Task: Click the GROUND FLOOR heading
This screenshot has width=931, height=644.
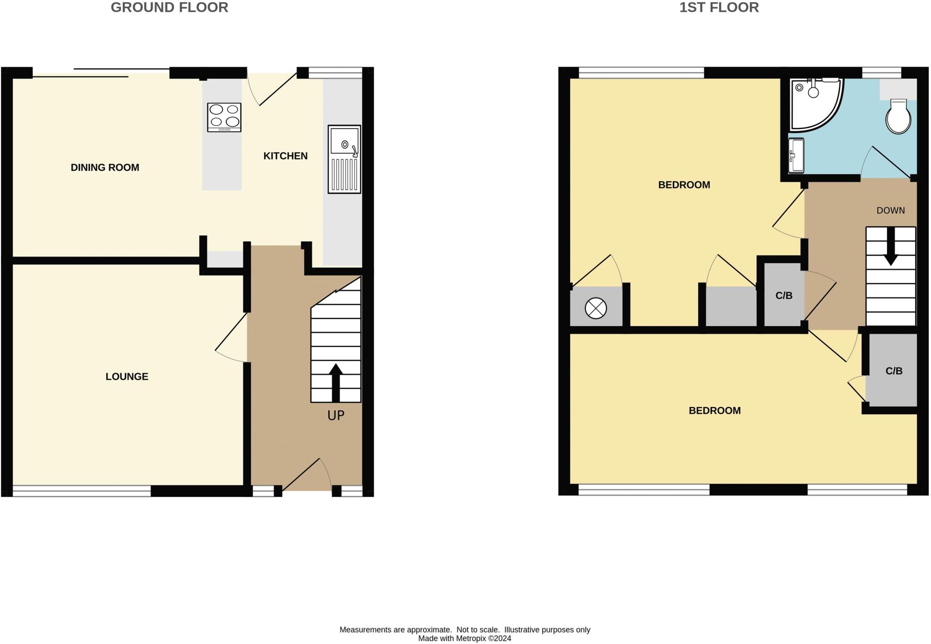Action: tap(169, 8)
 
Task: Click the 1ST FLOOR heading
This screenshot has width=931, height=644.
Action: tap(719, 8)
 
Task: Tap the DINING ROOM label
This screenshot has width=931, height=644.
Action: tap(105, 168)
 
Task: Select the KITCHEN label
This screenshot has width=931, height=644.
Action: tap(285, 156)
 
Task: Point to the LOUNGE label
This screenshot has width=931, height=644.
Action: tap(127, 376)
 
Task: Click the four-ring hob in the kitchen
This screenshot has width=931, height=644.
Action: tap(224, 117)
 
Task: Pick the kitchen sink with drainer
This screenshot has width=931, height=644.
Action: tap(345, 159)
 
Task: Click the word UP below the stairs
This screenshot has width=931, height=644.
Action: tap(336, 416)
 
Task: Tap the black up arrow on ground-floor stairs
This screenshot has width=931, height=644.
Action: tap(335, 382)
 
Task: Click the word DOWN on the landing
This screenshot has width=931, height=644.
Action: tap(891, 211)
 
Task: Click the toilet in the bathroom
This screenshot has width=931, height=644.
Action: tap(898, 117)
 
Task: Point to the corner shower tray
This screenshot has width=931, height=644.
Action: tap(814, 104)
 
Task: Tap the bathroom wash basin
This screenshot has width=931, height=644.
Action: tap(796, 156)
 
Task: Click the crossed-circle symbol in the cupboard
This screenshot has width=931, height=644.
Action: tap(596, 309)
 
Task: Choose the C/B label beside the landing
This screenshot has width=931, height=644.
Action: tap(784, 296)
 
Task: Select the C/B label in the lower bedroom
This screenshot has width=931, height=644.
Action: tap(894, 371)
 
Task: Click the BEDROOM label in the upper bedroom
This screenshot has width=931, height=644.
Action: tap(684, 185)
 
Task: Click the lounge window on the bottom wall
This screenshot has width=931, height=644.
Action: tap(82, 491)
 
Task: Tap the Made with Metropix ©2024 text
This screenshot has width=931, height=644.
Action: tap(465, 639)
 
